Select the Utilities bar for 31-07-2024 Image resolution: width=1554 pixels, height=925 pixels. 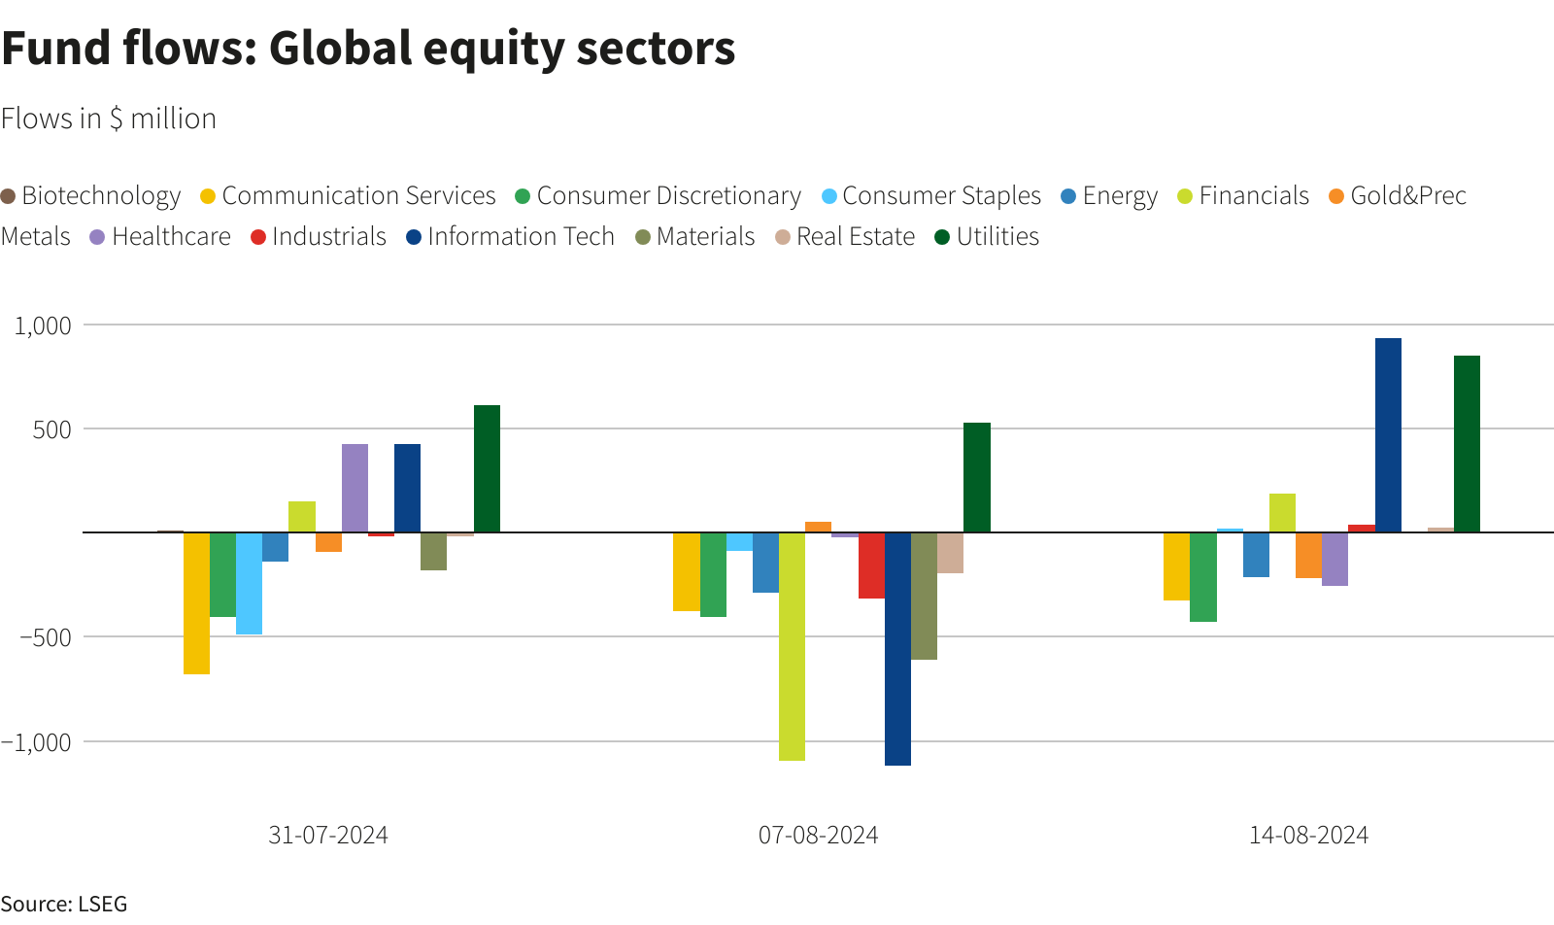(x=487, y=468)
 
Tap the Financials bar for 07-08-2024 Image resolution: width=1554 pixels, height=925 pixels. (x=792, y=646)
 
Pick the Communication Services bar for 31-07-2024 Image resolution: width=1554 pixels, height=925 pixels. (x=196, y=602)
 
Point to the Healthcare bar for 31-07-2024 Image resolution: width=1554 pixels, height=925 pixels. (x=355, y=488)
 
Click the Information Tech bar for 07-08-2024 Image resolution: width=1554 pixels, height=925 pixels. (x=897, y=648)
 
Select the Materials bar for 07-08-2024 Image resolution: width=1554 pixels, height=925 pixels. (x=924, y=596)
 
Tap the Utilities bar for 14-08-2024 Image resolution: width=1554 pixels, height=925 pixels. (x=1467, y=444)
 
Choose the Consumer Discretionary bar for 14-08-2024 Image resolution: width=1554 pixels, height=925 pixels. (x=1203, y=576)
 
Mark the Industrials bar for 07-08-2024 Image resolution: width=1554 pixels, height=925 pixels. (x=871, y=565)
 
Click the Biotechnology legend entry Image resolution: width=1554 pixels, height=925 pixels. (x=91, y=196)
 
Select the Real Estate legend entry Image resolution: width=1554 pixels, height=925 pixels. (x=845, y=237)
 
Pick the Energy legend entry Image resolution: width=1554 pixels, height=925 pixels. (x=1109, y=196)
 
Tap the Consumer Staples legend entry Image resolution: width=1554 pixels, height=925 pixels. (x=930, y=196)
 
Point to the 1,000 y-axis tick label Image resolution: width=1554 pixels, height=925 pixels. (x=43, y=325)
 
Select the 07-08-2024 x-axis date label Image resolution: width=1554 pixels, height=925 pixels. (x=818, y=836)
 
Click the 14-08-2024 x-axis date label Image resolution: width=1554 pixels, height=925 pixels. (x=1308, y=836)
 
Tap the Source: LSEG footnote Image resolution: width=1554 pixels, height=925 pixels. (x=64, y=904)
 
